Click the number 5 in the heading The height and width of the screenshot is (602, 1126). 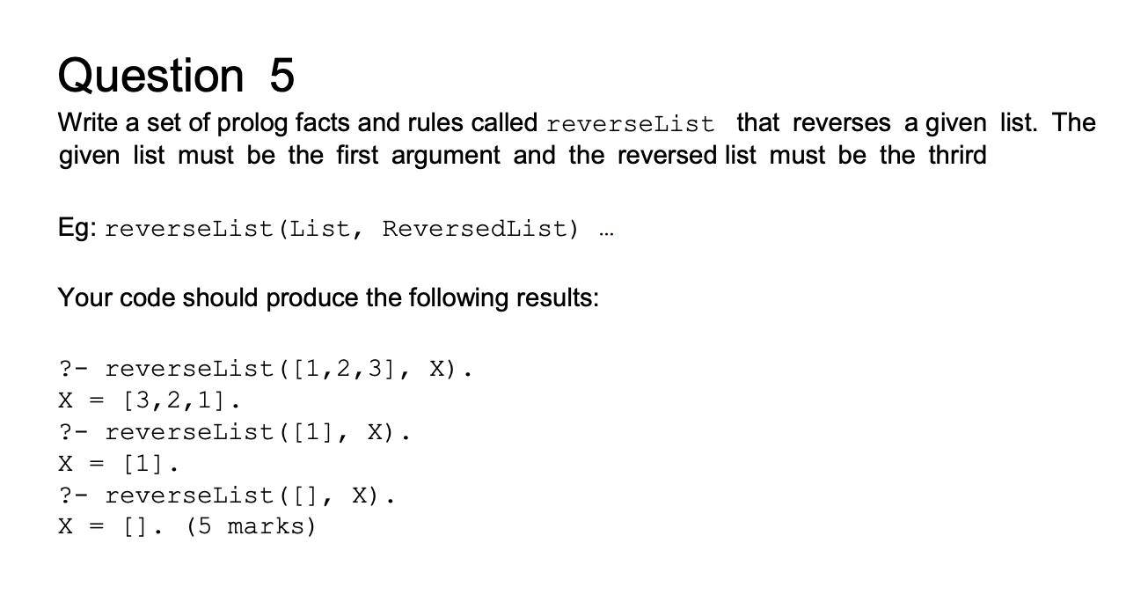pyautogui.click(x=281, y=75)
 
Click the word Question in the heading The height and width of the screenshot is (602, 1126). pyautogui.click(x=151, y=76)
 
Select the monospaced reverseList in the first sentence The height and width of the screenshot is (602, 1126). pyautogui.click(x=631, y=123)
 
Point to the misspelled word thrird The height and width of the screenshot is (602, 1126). pyautogui.click(x=958, y=155)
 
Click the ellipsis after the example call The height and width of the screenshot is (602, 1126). pyautogui.click(x=606, y=233)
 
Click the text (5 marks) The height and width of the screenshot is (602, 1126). pyautogui.click(x=251, y=527)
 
